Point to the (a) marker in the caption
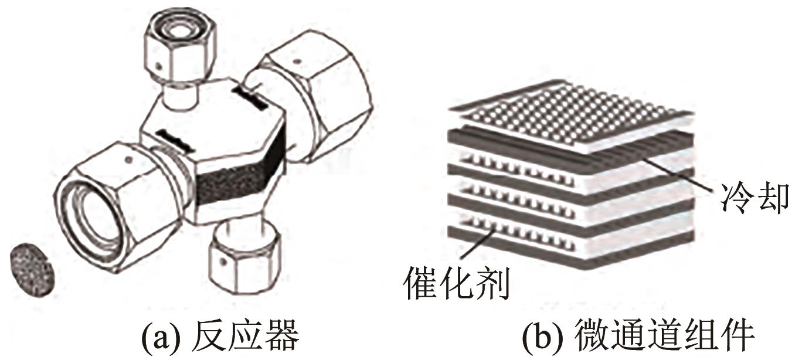point(162,338)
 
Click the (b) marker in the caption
point(549,338)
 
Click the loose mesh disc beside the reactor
point(32,269)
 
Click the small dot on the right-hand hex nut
point(297,60)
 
